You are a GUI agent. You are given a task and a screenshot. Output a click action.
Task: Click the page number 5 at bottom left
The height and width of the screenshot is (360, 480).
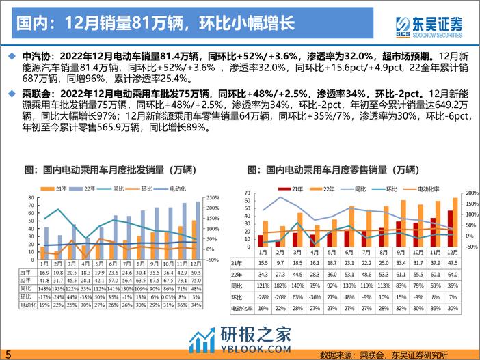pyautogui.click(x=8, y=353)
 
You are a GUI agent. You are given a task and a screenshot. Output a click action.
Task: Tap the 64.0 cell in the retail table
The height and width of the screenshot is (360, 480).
pyautogui.click(x=453, y=273)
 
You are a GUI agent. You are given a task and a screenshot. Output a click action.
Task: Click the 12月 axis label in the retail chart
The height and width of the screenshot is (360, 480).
pyautogui.click(x=453, y=252)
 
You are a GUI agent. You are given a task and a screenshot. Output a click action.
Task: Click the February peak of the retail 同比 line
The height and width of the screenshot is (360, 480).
pyautogui.click(x=279, y=198)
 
